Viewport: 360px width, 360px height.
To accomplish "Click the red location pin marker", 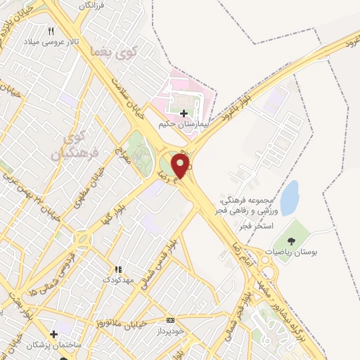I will [181, 165].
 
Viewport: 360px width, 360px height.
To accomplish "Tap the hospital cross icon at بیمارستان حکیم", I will [184, 113].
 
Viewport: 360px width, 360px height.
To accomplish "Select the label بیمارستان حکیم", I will [185, 125].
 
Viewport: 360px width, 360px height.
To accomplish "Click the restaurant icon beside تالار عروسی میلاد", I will [51, 32].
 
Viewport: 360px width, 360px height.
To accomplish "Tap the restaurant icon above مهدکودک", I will [118, 269].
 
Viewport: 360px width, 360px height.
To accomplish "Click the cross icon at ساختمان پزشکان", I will [53, 334].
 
